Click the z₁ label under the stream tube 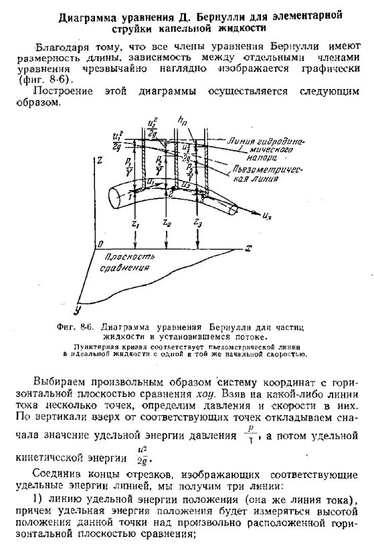pos(136,223)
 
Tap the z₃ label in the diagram pos(197,222)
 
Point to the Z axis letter pos(99,161)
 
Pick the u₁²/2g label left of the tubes pos(118,140)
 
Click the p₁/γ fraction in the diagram pos(128,167)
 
